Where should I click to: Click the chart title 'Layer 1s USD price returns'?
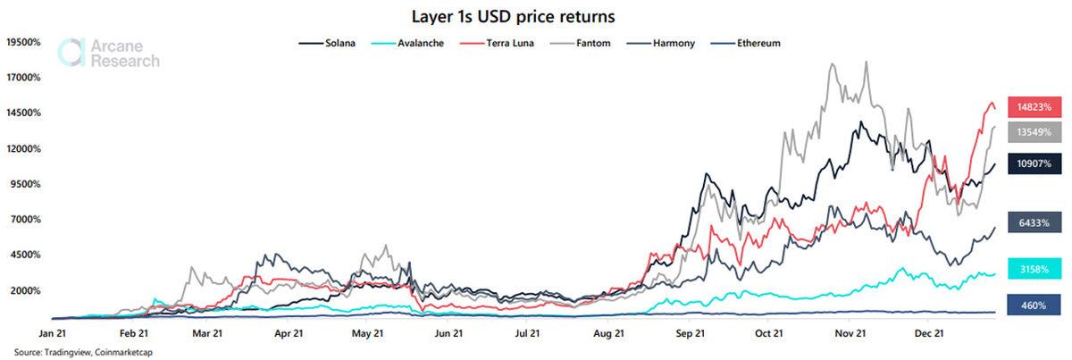click(x=535, y=16)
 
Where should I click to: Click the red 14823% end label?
click(x=1027, y=107)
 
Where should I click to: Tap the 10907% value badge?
click(x=1027, y=163)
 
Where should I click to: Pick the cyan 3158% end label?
click(x=1027, y=268)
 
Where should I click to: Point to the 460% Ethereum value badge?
click(x=1027, y=306)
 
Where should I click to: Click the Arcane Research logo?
click(x=108, y=53)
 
